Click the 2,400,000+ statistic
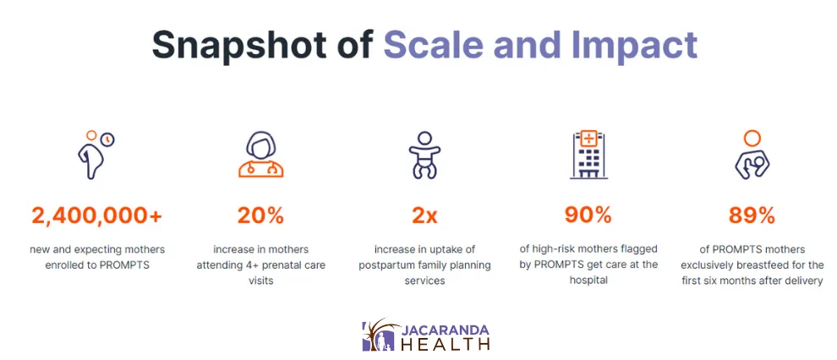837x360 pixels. [96, 216]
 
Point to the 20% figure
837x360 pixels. [260, 216]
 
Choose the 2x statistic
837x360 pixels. [424, 216]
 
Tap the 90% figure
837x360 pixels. [588, 216]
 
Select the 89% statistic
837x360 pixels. [752, 216]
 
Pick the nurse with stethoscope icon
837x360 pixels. [260, 155]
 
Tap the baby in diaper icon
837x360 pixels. [424, 155]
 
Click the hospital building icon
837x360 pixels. [588, 155]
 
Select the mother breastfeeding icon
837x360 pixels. [752, 155]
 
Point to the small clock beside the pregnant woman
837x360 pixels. [108, 139]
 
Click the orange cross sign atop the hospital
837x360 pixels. [588, 139]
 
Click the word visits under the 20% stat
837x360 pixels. [260, 281]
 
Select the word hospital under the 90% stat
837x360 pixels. [588, 281]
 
